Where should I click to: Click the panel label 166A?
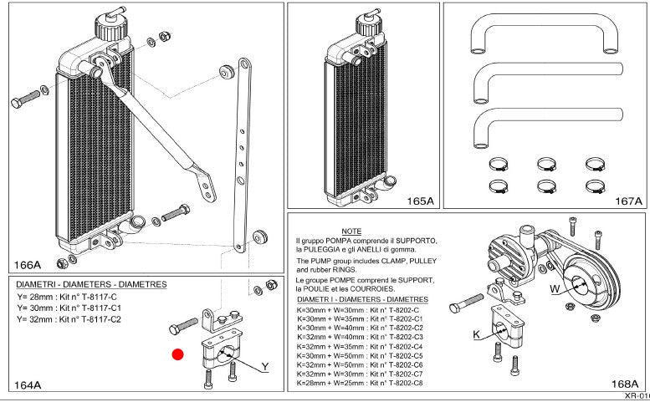[28, 265]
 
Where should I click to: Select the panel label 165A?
[419, 201]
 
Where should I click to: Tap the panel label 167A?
[627, 201]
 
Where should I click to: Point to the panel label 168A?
[624, 385]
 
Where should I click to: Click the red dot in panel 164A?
[177, 354]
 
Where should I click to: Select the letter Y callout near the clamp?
[264, 366]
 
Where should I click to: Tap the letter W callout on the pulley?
[554, 290]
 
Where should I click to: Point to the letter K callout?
[476, 334]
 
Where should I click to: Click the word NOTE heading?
[351, 231]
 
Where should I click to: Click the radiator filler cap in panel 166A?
[110, 23]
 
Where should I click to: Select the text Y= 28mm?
[33, 297]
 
